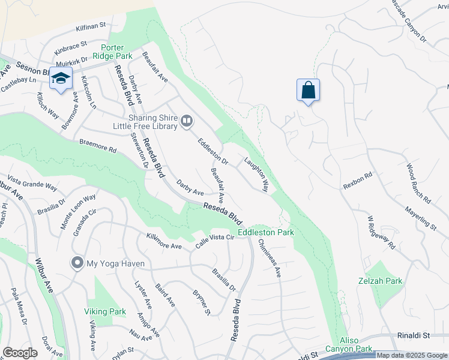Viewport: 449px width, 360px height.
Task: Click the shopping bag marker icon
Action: coord(308,91)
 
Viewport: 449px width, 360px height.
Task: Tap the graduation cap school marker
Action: coord(61,79)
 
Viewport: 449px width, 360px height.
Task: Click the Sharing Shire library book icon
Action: coord(187,122)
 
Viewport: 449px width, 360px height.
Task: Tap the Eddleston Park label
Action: coord(266,232)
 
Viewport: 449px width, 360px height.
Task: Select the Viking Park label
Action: coord(105,311)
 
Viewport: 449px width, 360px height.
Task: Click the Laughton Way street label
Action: coord(256,175)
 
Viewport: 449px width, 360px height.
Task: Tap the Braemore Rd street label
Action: coord(97,148)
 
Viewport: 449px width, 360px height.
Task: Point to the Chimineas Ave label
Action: coord(269,258)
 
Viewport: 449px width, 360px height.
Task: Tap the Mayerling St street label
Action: coord(420,217)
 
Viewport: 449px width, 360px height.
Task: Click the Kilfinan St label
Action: coord(91,28)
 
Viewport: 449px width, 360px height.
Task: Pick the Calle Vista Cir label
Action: coord(214,242)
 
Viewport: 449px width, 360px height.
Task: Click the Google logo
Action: coord(20,353)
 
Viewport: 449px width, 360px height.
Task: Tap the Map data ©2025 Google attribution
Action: coord(412,355)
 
